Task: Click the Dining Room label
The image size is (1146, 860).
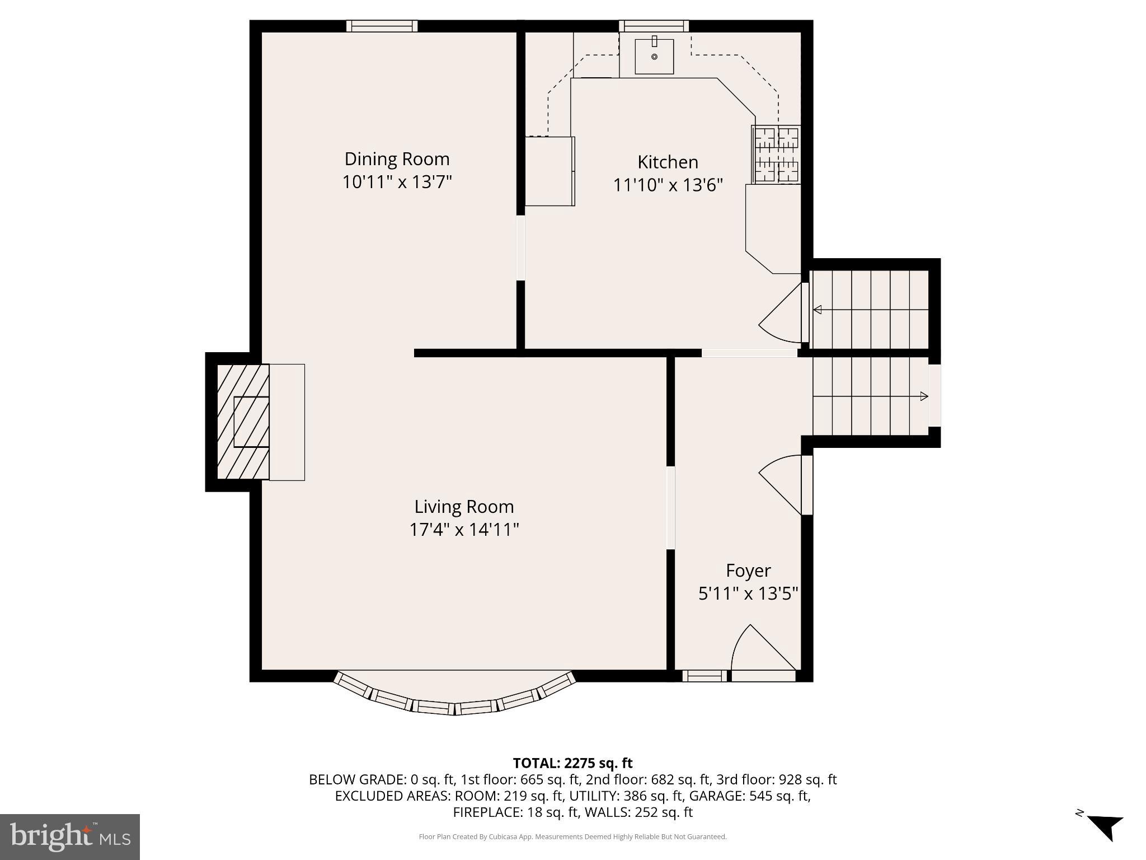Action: [x=397, y=159]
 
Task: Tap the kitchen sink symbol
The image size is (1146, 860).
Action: [x=654, y=57]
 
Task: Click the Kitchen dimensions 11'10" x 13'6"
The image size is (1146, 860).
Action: [x=668, y=185]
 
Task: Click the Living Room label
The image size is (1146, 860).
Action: [x=464, y=507]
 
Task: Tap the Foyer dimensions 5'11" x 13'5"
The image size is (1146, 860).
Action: [x=748, y=593]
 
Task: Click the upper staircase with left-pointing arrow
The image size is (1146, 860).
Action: [x=870, y=309]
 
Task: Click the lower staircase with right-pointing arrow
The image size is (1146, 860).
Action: [x=870, y=396]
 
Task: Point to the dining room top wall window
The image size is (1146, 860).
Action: [x=382, y=26]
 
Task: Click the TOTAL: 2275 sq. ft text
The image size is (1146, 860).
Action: [x=572, y=763]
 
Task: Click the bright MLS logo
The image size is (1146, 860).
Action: [x=70, y=837]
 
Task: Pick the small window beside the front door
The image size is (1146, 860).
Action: [x=704, y=676]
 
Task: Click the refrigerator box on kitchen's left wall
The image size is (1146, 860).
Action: [x=550, y=171]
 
